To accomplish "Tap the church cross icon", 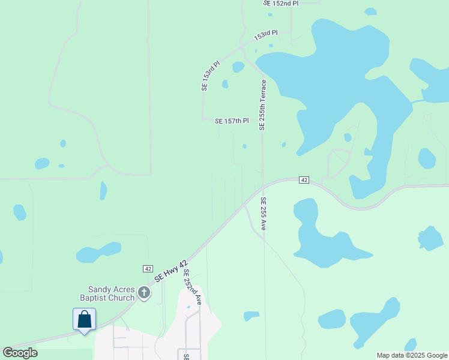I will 144,293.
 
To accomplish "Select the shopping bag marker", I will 84,319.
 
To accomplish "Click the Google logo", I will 20,353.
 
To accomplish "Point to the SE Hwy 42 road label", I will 171,272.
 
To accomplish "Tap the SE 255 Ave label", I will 263,214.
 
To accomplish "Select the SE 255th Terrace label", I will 262,105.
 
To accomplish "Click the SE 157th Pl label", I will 232,121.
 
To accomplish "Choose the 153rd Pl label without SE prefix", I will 266,36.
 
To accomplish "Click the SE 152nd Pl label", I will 280,4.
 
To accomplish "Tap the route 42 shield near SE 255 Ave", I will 304,180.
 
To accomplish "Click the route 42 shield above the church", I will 147,268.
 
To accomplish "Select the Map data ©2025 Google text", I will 412,355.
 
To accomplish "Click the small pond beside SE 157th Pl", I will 244,146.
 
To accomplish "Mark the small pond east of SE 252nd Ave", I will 252,315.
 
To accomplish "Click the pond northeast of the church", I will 99,252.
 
